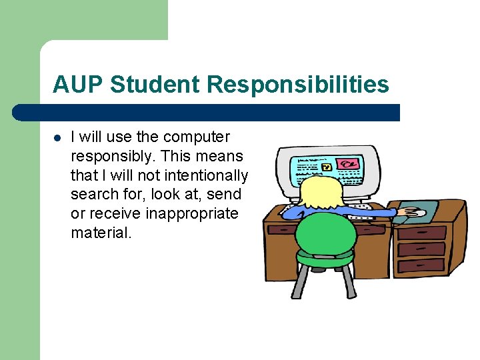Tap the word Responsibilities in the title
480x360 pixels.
(x=298, y=85)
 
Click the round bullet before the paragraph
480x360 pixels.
(x=58, y=138)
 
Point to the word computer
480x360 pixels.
(x=196, y=137)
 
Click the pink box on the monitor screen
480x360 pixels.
(x=347, y=163)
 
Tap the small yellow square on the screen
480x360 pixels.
(x=327, y=165)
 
